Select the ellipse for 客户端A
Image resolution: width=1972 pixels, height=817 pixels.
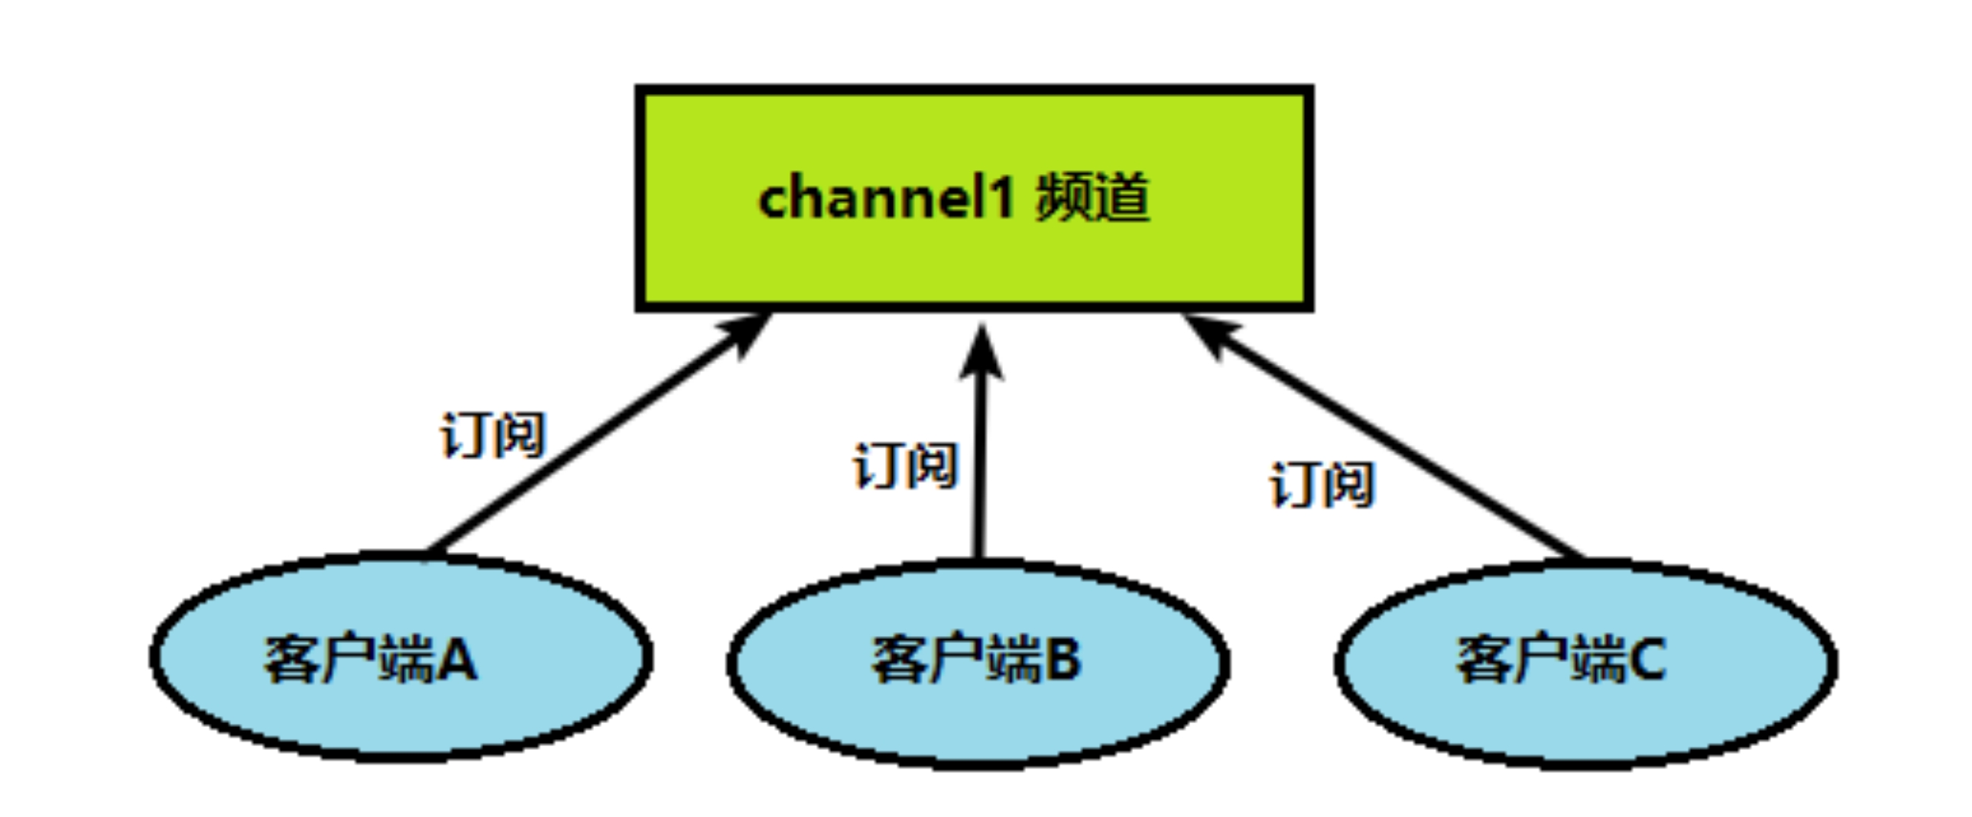click(x=401, y=716)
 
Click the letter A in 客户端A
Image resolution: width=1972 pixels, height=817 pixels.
click(x=458, y=661)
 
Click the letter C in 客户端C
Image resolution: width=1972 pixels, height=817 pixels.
click(x=1647, y=661)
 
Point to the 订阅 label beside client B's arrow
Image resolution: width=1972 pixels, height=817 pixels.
click(x=906, y=465)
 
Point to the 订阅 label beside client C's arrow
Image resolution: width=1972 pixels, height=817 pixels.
click(x=1322, y=485)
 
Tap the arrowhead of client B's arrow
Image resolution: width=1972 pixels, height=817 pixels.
click(x=981, y=354)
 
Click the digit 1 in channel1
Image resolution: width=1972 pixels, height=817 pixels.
click(x=998, y=199)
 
